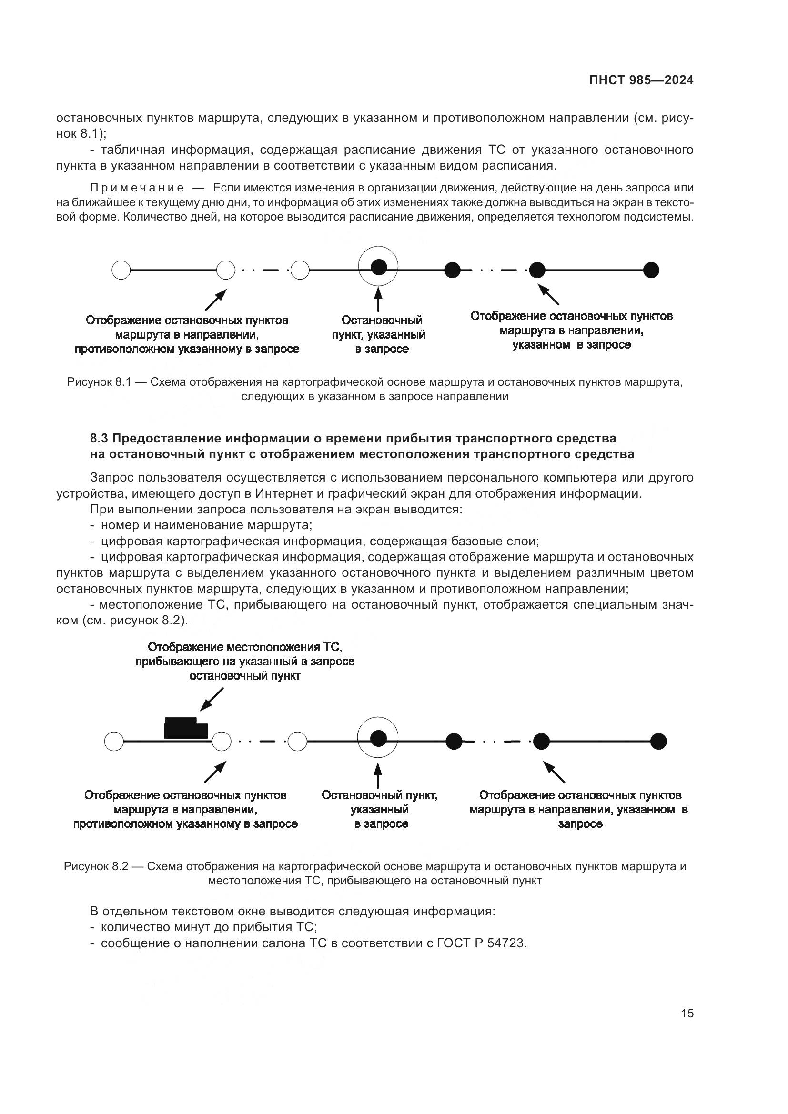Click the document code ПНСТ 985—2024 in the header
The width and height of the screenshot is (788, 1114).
[641, 80]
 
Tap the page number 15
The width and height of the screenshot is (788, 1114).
[687, 1013]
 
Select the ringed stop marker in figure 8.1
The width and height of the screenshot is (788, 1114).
[378, 266]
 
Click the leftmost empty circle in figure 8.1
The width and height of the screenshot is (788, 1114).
[121, 270]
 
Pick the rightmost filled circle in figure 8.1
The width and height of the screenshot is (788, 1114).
[651, 270]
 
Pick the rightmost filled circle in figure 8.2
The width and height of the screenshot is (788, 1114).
[658, 742]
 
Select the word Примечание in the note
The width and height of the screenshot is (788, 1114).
[137, 188]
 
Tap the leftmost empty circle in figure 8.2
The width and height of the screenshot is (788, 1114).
[114, 742]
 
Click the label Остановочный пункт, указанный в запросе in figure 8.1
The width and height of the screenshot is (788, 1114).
[379, 335]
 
